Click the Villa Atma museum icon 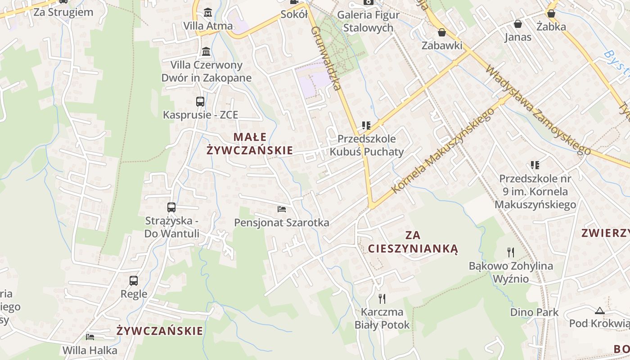click(x=208, y=13)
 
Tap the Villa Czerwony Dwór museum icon click(x=206, y=52)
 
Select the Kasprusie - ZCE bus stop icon click(x=200, y=102)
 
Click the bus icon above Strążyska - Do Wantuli click(x=171, y=207)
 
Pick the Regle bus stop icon click(x=134, y=281)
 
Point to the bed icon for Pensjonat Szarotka click(x=282, y=209)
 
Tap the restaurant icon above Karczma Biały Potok click(x=382, y=298)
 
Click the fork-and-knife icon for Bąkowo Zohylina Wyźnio click(x=511, y=252)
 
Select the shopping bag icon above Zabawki click(x=442, y=32)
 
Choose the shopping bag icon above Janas click(x=518, y=24)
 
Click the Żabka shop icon click(x=551, y=13)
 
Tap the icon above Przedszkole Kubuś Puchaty click(x=366, y=125)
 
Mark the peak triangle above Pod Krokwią click(x=599, y=310)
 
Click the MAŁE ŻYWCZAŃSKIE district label click(x=250, y=144)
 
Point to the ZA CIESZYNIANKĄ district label click(x=413, y=242)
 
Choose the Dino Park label click(x=534, y=312)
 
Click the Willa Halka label click(x=90, y=350)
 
